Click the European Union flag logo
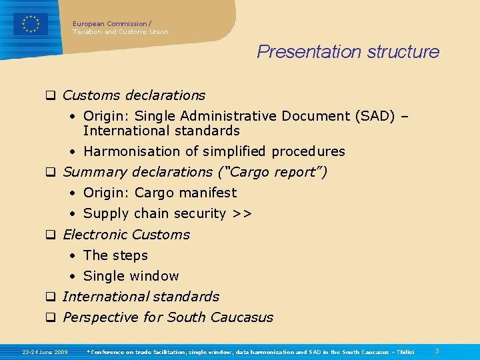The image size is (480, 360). pos(31,24)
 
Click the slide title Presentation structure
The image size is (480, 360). pos(348,52)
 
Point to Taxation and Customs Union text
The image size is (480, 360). pos(120,32)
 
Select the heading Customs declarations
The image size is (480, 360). pos(133,95)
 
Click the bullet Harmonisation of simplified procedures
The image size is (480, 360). pos(214,151)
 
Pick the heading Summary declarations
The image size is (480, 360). pos(137,172)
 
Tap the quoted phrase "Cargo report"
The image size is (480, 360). pos(273,172)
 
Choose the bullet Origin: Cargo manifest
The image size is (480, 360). pos(160,193)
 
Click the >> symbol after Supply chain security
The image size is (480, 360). pos(242,213)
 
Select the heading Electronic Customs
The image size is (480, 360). pos(126,235)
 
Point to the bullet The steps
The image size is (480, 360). pos(115,255)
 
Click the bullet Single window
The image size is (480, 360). pos(131,276)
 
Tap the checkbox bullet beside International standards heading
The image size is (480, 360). pos(49,297)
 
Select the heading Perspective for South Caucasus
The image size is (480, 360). pos(167,317)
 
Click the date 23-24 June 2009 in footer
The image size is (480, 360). pos(45,351)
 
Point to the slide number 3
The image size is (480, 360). pos(437,351)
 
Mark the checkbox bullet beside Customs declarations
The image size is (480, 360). pos(49,95)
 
